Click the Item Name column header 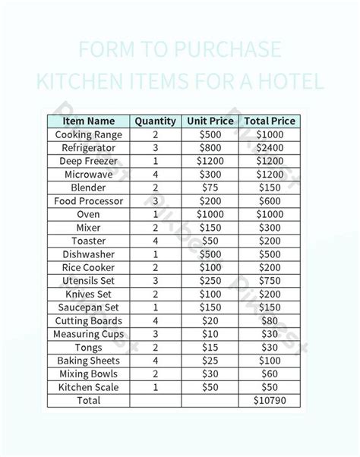[89, 121]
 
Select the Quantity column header [156, 121]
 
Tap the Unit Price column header [211, 121]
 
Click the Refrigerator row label [89, 148]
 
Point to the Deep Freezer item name [89, 161]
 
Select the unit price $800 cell [211, 148]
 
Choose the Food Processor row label [89, 201]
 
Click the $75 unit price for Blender [211, 188]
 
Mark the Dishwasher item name [89, 254]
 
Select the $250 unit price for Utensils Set [211, 281]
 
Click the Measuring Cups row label [89, 334]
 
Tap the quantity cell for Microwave [156, 175]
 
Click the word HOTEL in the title [292, 80]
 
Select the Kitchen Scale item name [89, 387]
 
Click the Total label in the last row [89, 400]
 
